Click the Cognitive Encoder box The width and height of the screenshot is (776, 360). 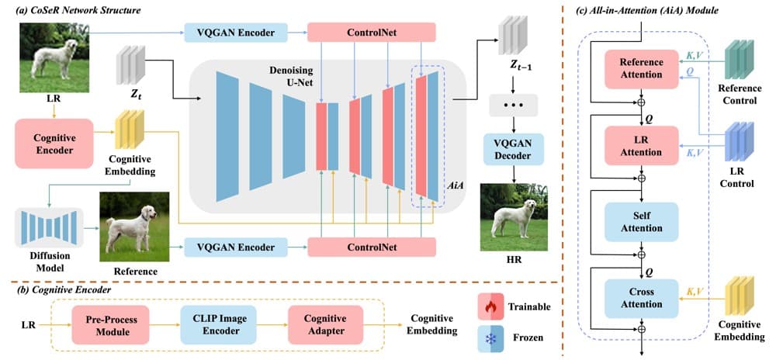point(54,144)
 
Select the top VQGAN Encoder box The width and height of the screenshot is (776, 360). point(236,33)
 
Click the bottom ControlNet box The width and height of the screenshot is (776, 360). point(372,247)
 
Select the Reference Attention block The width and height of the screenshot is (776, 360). point(641,69)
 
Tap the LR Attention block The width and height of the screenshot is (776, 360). point(641,145)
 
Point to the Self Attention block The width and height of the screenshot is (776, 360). point(641,222)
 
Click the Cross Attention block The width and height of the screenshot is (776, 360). point(641,298)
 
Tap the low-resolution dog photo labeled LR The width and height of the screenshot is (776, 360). point(54,57)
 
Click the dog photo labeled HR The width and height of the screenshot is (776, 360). point(514,217)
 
